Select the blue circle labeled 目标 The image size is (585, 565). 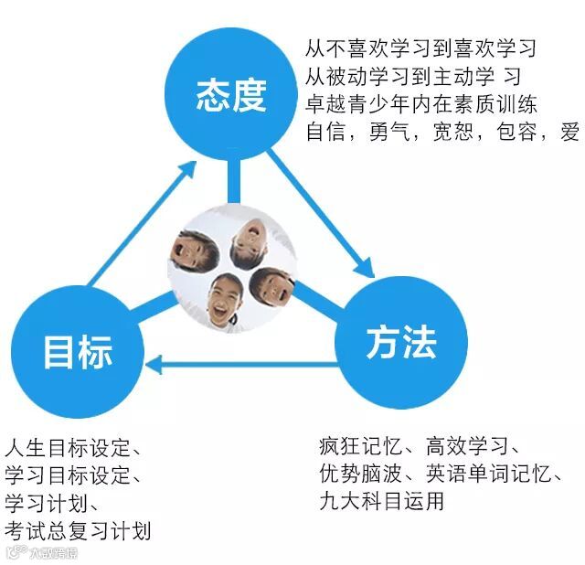point(78,352)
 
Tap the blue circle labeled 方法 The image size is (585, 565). point(400,343)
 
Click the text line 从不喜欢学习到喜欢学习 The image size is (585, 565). point(420,48)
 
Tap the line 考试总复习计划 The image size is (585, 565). point(78,529)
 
